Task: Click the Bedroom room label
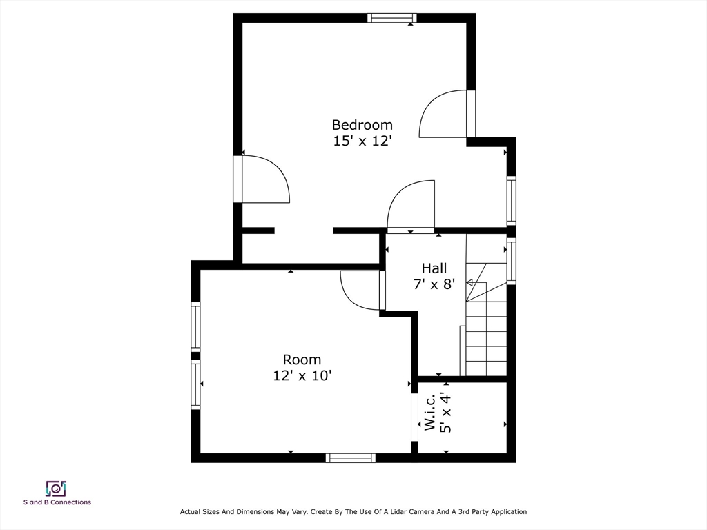click(362, 125)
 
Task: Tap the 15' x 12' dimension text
click(362, 141)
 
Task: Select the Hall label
click(434, 268)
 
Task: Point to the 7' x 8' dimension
click(434, 284)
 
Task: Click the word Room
click(302, 360)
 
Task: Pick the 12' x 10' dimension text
click(302, 375)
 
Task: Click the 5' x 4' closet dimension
click(445, 413)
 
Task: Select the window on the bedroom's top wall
click(391, 18)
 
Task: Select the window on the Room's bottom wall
click(351, 458)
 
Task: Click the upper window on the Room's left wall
click(195, 326)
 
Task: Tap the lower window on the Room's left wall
click(195, 384)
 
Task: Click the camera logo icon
click(57, 489)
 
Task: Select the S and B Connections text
click(57, 502)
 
